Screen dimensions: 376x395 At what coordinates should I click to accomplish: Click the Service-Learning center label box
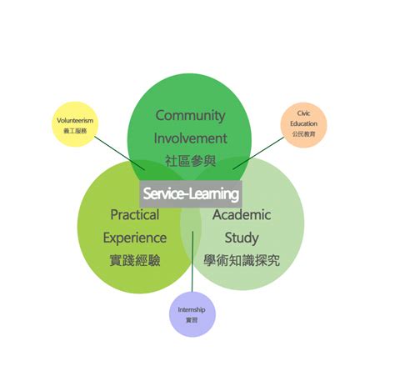[191, 193]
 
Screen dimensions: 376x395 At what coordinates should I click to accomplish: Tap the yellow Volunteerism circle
[75, 124]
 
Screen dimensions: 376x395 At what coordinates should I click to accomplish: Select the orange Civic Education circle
[303, 123]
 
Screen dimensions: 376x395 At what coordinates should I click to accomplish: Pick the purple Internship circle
[192, 314]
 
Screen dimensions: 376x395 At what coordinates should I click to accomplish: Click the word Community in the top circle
[191, 115]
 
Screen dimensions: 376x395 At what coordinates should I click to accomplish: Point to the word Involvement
[191, 138]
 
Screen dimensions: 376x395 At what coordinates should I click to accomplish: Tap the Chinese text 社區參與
[191, 160]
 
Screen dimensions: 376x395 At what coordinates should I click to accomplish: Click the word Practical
[134, 215]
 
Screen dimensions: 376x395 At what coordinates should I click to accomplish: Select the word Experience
[134, 238]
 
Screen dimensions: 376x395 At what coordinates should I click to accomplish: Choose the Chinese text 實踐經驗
[134, 260]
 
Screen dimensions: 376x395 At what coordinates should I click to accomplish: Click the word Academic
[242, 215]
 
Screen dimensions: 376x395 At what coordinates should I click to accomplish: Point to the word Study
[242, 238]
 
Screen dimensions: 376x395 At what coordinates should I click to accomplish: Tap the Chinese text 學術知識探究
[242, 260]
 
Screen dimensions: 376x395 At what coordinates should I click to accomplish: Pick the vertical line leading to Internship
[192, 263]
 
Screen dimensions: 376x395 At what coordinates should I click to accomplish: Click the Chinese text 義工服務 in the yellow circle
[75, 132]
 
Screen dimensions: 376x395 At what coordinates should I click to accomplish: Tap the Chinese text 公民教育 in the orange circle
[303, 133]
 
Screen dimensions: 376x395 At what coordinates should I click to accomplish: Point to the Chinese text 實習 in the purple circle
[192, 320]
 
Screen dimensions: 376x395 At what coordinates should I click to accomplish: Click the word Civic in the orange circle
[303, 112]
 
